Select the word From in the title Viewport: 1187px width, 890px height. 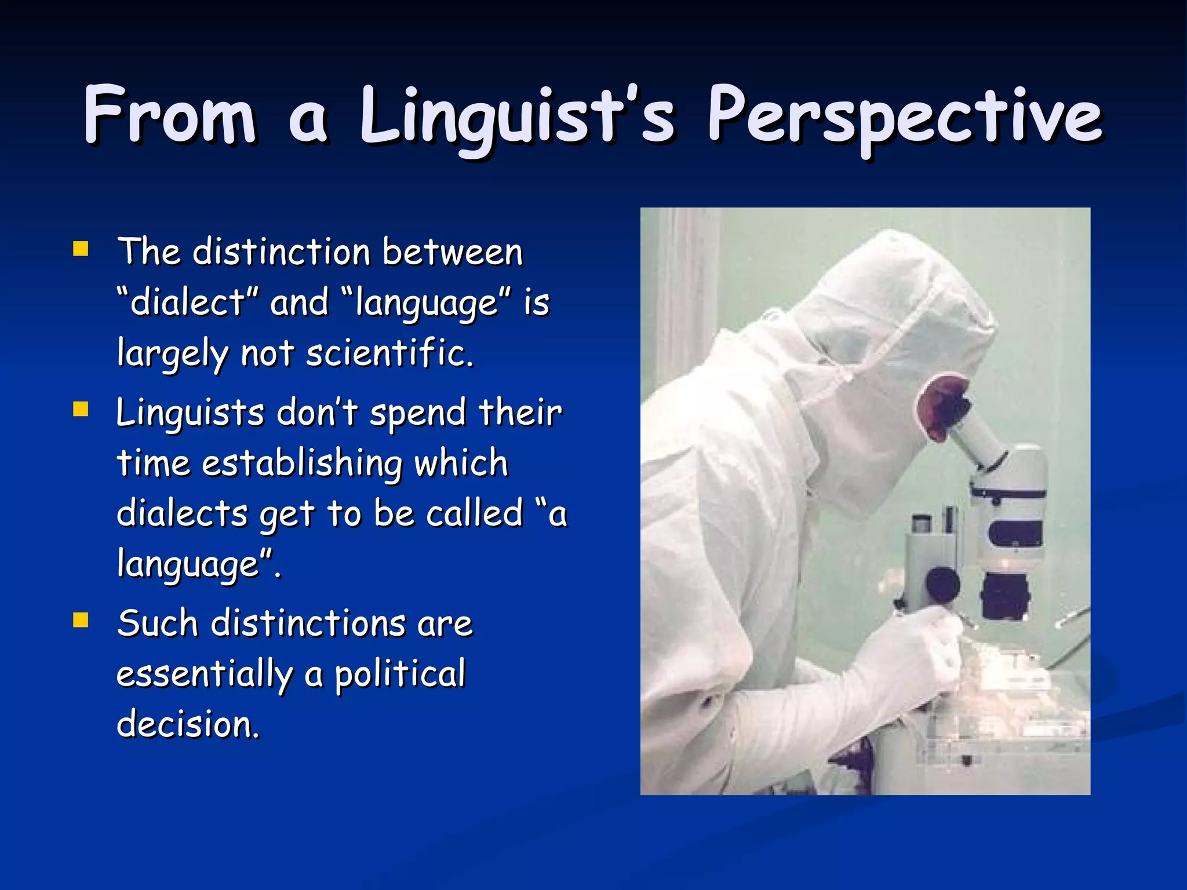click(x=169, y=116)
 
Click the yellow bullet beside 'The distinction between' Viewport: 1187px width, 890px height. click(x=81, y=249)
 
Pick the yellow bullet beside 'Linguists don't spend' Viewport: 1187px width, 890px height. click(x=81, y=410)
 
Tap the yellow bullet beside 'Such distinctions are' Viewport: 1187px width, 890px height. click(x=81, y=621)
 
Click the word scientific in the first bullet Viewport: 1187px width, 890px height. click(x=389, y=353)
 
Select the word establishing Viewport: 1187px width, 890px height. click(x=301, y=464)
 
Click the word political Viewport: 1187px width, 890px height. click(x=400, y=674)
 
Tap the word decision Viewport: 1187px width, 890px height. click(x=187, y=724)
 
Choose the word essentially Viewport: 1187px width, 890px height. click(x=205, y=674)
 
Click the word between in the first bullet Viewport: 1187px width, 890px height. click(x=452, y=253)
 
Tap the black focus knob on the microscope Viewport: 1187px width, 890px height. click(x=942, y=585)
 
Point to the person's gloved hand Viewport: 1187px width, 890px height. click(x=922, y=649)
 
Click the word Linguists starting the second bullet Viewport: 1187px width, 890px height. click(x=190, y=413)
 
